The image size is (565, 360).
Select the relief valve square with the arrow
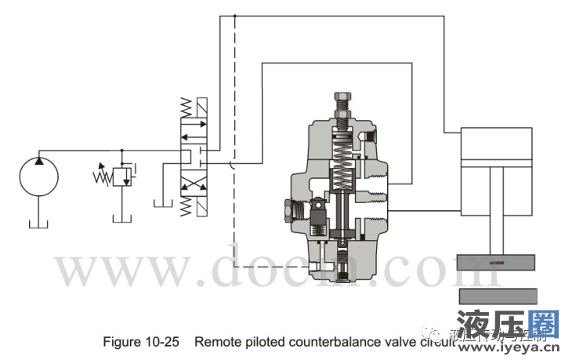121,177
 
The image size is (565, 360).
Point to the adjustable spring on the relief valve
102,174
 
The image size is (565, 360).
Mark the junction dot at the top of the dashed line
235,16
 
